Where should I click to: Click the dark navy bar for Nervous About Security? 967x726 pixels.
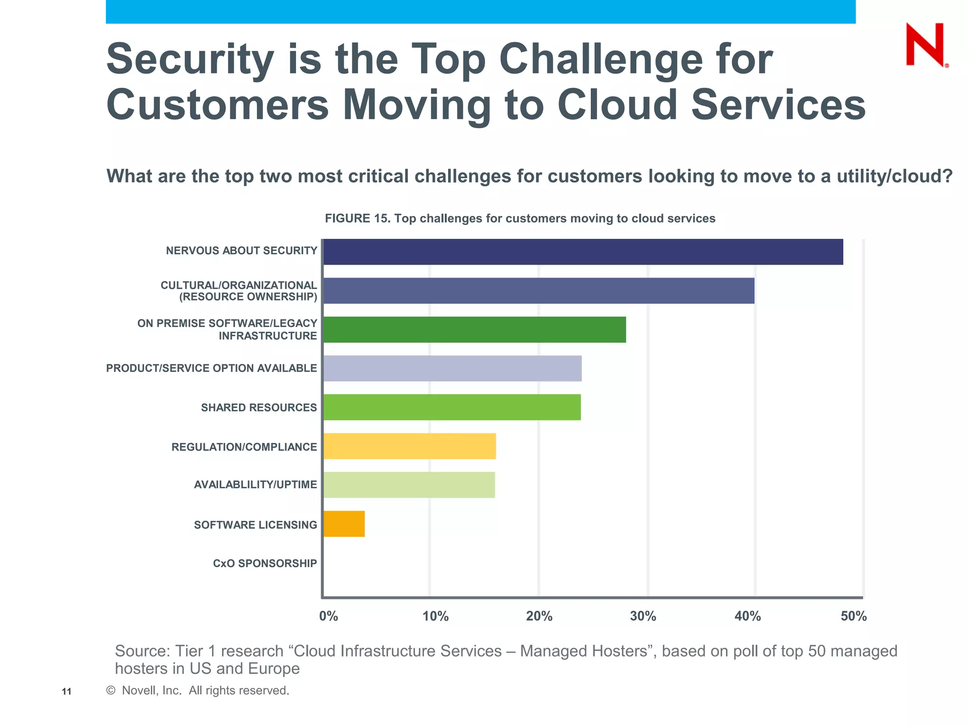click(x=583, y=252)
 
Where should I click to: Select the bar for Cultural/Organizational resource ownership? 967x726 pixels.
click(x=539, y=291)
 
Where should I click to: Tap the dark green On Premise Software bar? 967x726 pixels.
click(x=475, y=329)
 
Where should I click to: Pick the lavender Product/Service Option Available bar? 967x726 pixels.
click(x=452, y=368)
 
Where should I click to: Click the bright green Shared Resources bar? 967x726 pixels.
click(x=452, y=407)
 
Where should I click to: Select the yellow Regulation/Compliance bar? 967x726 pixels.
click(x=409, y=446)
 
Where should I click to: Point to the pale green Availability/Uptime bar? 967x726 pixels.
click(x=409, y=484)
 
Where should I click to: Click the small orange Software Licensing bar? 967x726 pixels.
click(x=344, y=524)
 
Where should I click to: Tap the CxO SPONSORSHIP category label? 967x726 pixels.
click(x=265, y=563)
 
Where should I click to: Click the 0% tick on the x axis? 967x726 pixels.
click(x=329, y=616)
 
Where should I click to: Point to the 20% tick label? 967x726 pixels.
click(x=539, y=616)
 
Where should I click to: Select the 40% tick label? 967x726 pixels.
click(x=747, y=616)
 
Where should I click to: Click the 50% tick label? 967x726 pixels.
click(x=854, y=616)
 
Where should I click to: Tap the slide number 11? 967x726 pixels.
click(x=67, y=692)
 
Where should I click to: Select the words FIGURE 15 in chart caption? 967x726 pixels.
click(x=356, y=218)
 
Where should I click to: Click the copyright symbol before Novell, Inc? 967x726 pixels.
click(x=111, y=691)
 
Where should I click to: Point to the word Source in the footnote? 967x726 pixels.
click(x=142, y=651)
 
